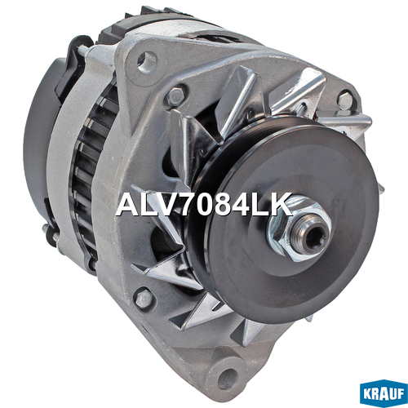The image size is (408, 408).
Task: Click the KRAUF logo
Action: [x=384, y=393]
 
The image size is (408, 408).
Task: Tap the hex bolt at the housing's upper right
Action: [x=346, y=100]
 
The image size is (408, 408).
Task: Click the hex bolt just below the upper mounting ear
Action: [x=175, y=96]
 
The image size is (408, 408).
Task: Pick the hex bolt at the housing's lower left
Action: [x=144, y=299]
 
